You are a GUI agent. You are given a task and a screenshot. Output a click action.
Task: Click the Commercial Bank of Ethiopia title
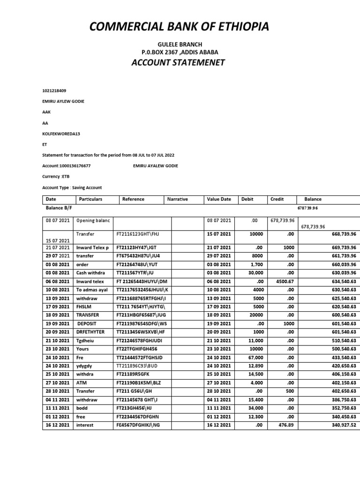tap(180, 27)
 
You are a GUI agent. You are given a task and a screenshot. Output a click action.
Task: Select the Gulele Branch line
tap(180, 45)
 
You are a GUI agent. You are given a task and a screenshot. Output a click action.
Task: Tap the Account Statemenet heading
tap(180, 63)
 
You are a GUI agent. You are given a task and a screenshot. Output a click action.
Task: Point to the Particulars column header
tap(90, 199)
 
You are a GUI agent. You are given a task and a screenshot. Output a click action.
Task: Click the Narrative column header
tap(177, 199)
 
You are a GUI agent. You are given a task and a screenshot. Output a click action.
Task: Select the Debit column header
tap(247, 199)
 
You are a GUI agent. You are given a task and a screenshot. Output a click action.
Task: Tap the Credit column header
tap(277, 199)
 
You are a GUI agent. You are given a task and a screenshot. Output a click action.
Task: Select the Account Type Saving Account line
tap(72, 187)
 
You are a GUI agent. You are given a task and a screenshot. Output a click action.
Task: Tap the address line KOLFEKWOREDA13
tap(61, 134)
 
